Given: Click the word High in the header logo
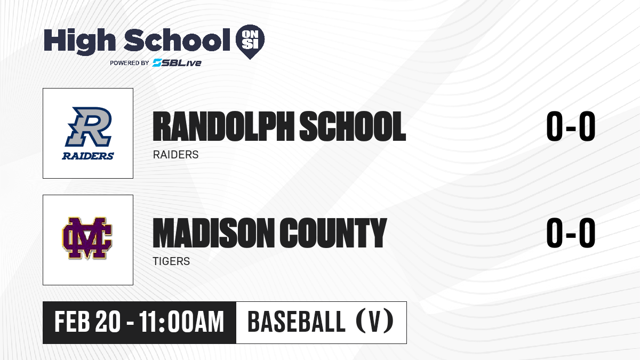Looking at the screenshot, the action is click(80, 41).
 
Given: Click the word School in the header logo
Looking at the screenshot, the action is click(177, 40).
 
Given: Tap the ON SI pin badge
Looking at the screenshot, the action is click(250, 42).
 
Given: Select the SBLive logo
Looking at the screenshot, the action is click(177, 63).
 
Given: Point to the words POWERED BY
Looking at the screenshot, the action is click(130, 63).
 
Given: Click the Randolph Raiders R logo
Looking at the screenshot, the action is click(89, 126).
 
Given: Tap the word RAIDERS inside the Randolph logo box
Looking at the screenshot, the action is click(88, 156).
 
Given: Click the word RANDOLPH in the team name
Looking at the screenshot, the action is click(223, 126).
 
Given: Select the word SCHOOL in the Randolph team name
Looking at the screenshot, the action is click(353, 126).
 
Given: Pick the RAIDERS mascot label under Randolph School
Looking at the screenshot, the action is click(175, 155).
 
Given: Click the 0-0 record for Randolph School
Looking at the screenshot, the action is click(571, 126).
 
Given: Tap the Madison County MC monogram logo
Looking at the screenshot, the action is click(87, 238).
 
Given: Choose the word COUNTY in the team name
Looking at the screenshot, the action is click(333, 233).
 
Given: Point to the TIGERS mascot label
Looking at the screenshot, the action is click(171, 261).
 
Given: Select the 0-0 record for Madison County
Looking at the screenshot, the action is click(571, 233).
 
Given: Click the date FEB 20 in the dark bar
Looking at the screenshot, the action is click(87, 322).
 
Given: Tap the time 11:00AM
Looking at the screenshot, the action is click(182, 322).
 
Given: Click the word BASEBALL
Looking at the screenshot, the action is click(297, 322).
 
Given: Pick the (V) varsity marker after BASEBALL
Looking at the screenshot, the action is click(374, 321).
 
